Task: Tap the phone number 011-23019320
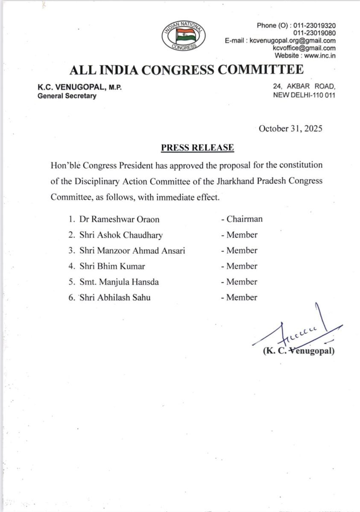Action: pos(314,26)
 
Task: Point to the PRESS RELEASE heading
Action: pos(197,148)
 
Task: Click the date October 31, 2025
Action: pos(290,128)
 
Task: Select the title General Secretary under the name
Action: pos(67,96)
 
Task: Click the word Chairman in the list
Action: pos(244,219)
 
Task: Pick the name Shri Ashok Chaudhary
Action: pos(121,235)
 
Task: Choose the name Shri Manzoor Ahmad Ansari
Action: pos(132,250)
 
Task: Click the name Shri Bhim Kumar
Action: pos(112,266)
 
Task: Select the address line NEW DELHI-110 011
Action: pos(304,95)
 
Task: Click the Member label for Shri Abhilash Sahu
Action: pos(242,297)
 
